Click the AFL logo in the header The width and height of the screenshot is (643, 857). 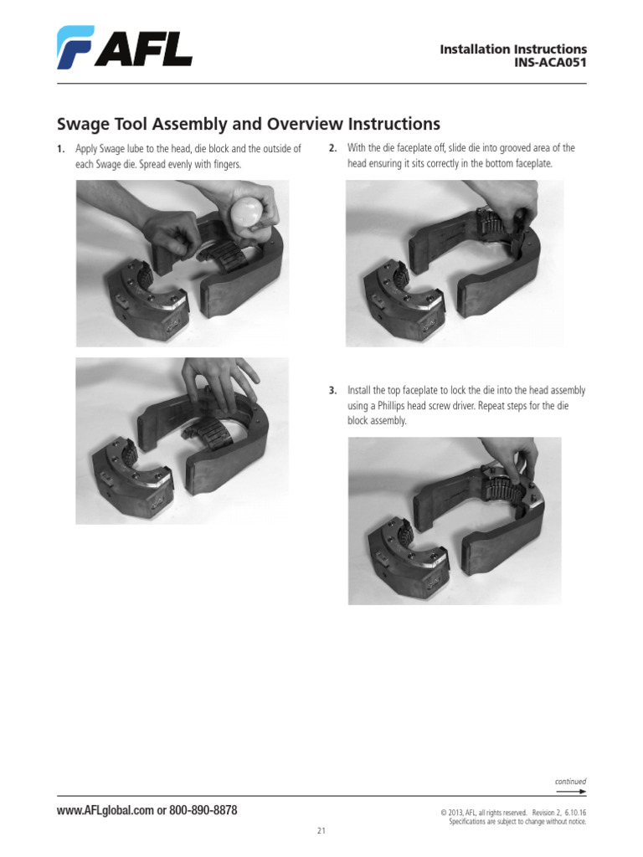click(x=124, y=47)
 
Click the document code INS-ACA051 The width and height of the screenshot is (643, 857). click(x=549, y=64)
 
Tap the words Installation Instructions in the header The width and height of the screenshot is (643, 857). click(x=513, y=49)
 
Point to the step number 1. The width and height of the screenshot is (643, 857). click(x=60, y=149)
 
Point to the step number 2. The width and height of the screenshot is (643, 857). click(x=332, y=149)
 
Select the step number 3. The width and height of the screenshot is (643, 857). click(x=332, y=391)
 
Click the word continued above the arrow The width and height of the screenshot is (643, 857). click(x=570, y=781)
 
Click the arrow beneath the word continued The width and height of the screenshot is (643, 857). click(x=570, y=791)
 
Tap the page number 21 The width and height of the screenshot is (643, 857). click(x=321, y=831)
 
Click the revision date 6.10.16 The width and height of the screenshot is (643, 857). click(x=574, y=813)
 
